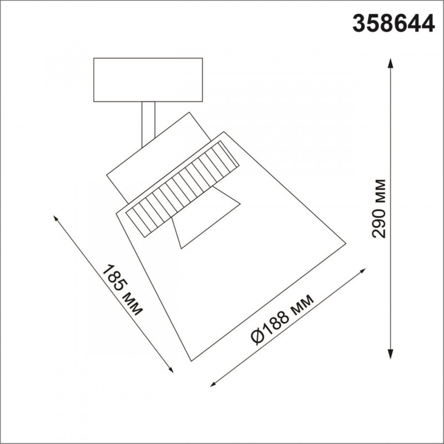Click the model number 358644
tap(393, 23)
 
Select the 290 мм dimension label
tap(379, 209)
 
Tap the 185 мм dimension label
tap(122, 290)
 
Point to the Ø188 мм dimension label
tap(282, 320)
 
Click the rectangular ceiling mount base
tap(148, 80)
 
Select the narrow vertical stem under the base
tap(148, 124)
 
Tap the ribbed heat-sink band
tap(183, 189)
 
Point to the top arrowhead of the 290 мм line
tap(390, 63)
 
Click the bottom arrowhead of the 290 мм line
tap(390, 354)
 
